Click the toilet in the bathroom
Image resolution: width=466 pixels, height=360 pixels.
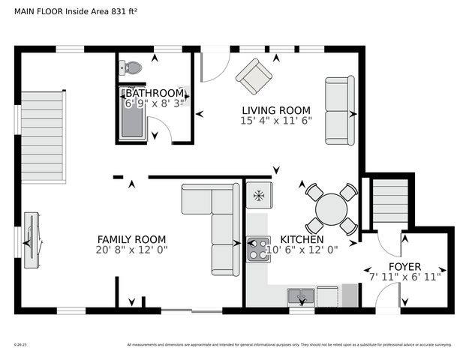coord(131,67)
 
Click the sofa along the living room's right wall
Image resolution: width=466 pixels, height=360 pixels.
coord(339,110)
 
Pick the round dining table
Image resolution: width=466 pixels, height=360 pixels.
coord(329,209)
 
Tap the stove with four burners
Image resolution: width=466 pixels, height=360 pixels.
coord(259,249)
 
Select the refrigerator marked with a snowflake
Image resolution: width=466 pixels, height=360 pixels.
coord(259,196)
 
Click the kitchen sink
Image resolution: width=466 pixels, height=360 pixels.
coord(301,297)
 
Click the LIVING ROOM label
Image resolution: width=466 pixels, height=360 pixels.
coord(275,109)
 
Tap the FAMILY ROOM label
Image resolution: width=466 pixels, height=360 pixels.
coord(131,239)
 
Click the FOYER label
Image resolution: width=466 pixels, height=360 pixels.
coord(404,266)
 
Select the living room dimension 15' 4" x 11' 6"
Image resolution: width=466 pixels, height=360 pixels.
coord(275,120)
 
